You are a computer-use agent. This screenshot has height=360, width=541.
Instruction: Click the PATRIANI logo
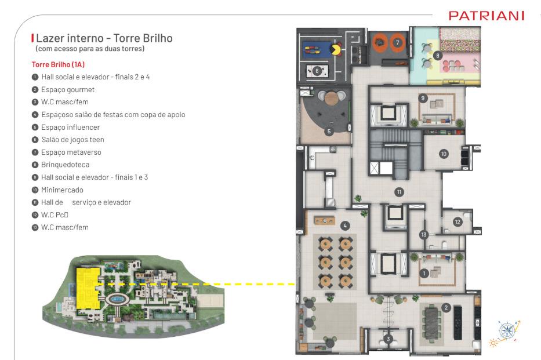[486, 16]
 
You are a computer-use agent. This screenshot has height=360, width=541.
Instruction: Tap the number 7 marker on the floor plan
[397, 42]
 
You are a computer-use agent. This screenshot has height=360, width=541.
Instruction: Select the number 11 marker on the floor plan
[399, 192]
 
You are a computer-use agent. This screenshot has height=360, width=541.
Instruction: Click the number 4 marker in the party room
[345, 226]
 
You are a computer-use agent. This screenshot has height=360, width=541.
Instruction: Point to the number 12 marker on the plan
[458, 221]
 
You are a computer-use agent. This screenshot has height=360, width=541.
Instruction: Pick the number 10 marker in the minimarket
[444, 154]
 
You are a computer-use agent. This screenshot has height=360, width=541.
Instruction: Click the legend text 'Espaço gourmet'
[68, 90]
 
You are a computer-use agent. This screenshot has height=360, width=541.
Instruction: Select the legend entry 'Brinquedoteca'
[65, 165]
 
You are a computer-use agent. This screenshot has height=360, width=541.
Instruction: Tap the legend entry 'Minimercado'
[62, 190]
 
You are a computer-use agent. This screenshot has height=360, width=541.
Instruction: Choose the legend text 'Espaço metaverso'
[71, 152]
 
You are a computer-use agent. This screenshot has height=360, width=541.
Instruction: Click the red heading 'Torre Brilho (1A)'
[58, 64]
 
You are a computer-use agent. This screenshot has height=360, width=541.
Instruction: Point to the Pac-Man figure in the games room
[336, 50]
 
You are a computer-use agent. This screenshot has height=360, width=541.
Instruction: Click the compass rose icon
[508, 330]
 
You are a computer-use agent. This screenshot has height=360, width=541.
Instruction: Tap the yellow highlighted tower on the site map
[87, 288]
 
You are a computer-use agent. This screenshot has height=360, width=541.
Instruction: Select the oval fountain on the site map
[117, 299]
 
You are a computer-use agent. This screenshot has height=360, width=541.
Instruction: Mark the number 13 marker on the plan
[424, 234]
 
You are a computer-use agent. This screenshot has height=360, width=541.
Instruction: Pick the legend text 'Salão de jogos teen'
[72, 140]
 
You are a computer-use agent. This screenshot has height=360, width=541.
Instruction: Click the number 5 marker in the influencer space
[329, 132]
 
